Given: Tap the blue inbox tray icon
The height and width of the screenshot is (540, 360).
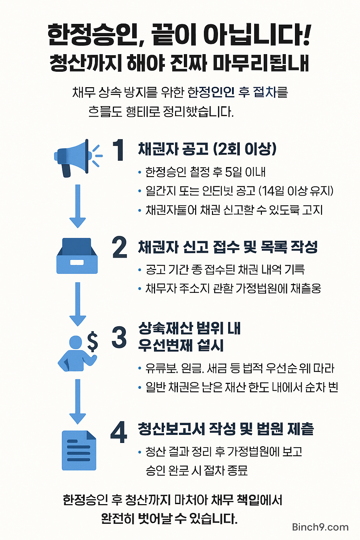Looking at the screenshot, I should pyautogui.click(x=77, y=256).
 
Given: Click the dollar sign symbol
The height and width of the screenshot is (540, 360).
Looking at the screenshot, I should pyautogui.click(x=92, y=341).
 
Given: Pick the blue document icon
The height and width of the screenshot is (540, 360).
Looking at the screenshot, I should pyautogui.click(x=79, y=450).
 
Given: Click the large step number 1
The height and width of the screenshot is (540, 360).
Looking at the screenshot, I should pyautogui.click(x=118, y=150).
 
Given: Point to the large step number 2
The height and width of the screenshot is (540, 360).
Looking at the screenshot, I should pyautogui.click(x=120, y=247).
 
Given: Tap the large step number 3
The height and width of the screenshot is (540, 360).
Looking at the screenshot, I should pyautogui.click(x=119, y=337).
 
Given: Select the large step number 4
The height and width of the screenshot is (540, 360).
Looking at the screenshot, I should pyautogui.click(x=119, y=432).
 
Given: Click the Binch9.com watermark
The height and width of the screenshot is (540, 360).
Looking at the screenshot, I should pyautogui.click(x=320, y=527).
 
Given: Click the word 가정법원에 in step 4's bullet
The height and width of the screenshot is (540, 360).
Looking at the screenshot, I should pyautogui.click(x=252, y=451).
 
